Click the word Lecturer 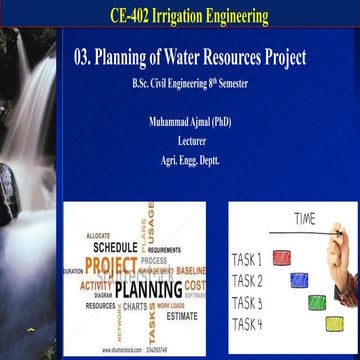(191, 141)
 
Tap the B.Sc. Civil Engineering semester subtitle (190, 83)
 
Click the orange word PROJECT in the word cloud (110, 266)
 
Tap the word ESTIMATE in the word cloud (181, 316)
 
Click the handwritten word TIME (305, 218)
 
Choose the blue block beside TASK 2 (299, 279)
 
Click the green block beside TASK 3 (317, 301)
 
